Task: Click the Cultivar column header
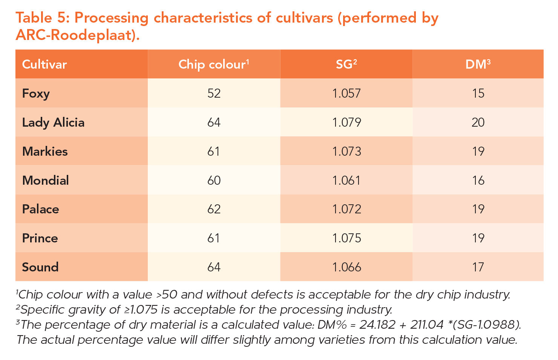pos(44,64)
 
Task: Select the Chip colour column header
pos(214,64)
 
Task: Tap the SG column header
pos(346,64)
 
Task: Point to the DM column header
pos(478,64)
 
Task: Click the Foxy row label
pos(36,93)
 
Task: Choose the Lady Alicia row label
pos(53,123)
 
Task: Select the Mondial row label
pos(46,181)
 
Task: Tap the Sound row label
pos(40,267)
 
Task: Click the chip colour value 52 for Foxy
pos(214,93)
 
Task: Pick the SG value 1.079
pos(346,123)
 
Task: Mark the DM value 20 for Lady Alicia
pos(478,123)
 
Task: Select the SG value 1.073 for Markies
pos(346,152)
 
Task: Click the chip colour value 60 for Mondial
pos(214,181)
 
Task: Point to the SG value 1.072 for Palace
pos(346,209)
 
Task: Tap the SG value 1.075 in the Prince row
pos(346,238)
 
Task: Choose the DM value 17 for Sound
pos(478,267)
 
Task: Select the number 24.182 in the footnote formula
pos(378,325)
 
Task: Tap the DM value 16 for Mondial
pos(478,181)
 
